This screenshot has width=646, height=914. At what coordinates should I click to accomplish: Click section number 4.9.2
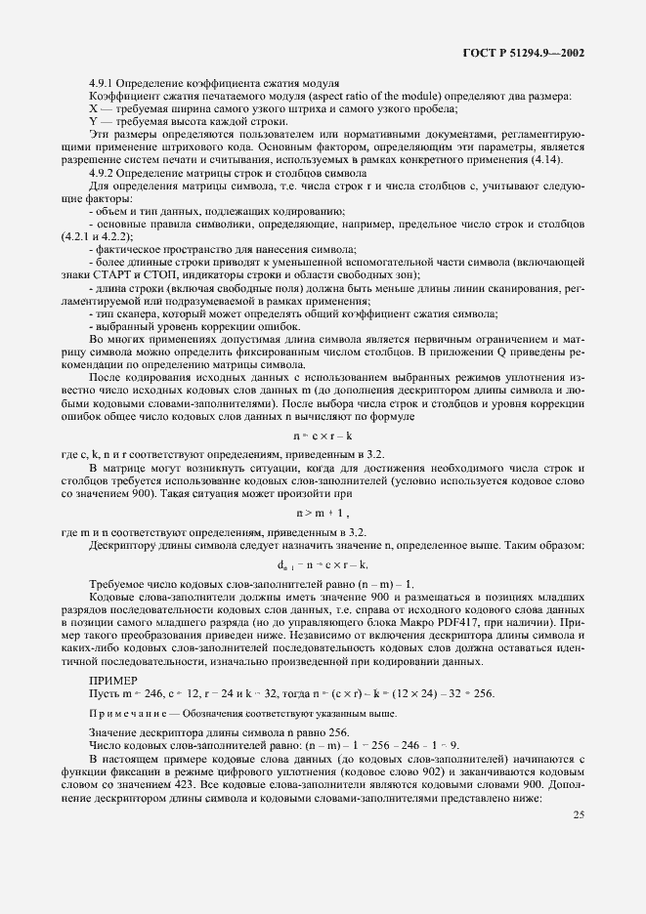106,172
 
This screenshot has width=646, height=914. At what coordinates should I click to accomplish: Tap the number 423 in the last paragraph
199,785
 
